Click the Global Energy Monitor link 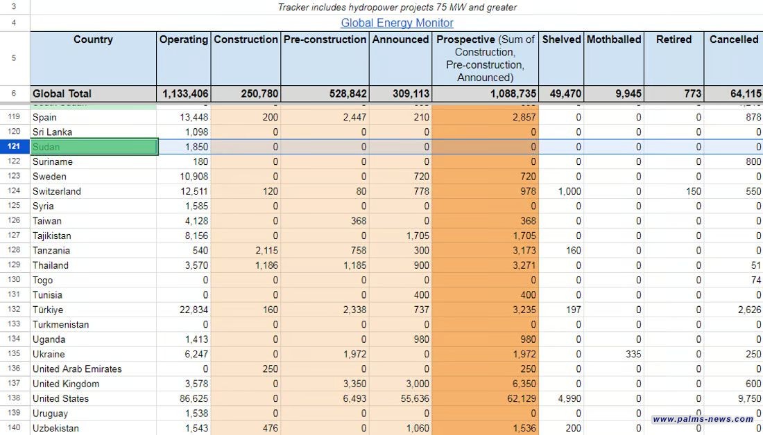397,23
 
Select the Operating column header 184,40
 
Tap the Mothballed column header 614,40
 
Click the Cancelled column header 733,40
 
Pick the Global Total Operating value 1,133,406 185,94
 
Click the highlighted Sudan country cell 94,147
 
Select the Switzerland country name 57,191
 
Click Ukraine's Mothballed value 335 632,355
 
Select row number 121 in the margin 15,147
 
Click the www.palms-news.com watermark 703,419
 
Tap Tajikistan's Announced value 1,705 415,236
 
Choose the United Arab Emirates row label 77,369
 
